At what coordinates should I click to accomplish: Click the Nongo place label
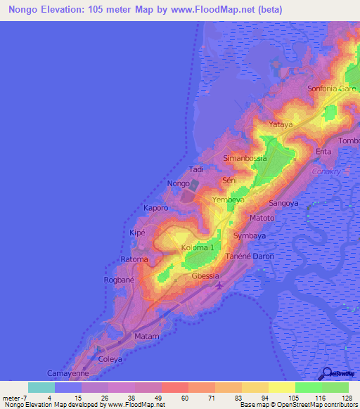pos(179,184)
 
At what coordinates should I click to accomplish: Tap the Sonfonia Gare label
pos(332,89)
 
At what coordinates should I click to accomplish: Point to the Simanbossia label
pos(245,159)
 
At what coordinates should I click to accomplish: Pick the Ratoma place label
pos(134,259)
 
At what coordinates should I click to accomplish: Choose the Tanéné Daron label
pos(250,256)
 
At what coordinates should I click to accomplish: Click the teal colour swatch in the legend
pos(41,387)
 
